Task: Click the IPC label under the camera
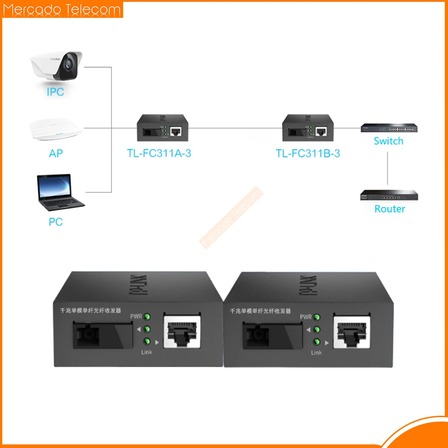pos(56,92)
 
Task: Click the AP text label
pos(56,154)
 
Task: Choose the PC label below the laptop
pos(56,222)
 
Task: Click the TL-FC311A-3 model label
pos(159,154)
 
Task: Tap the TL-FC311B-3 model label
pos(308,154)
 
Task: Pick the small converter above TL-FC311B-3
pos(307,127)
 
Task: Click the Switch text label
pos(388,141)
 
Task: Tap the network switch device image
pos(388,128)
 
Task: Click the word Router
pos(389,209)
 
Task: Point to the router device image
pos(389,195)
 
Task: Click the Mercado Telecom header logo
pos(62,9)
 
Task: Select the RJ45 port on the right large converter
pos(351,331)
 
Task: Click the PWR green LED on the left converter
pos(147,317)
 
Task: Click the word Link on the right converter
pos(316,353)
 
